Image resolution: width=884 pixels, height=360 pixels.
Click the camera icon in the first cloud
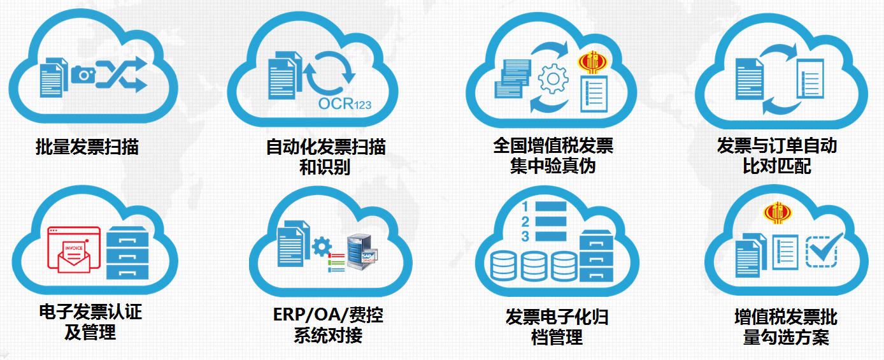coord(83,74)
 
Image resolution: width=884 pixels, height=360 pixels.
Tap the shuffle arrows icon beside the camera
coord(122,75)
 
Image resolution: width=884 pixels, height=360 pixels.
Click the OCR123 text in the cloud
coord(345,104)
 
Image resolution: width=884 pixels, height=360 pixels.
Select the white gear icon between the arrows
coord(553,79)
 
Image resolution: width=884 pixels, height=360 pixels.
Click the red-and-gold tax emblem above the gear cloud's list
coord(592,62)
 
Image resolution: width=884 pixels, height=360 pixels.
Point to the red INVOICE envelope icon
coord(74,250)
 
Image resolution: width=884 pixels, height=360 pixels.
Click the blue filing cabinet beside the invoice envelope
coord(128,252)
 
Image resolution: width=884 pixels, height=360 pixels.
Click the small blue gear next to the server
coord(322,247)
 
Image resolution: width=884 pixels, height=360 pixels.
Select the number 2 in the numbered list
coord(525,222)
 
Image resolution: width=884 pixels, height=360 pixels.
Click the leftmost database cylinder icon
coord(503,266)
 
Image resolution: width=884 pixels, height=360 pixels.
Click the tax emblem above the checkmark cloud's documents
coord(778,213)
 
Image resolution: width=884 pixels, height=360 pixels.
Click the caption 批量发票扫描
coord(87,147)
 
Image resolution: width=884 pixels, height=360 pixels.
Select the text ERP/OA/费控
coord(328,315)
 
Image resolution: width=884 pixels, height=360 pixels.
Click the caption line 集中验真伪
coord(553,166)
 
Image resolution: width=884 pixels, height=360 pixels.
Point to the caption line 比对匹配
coord(776,166)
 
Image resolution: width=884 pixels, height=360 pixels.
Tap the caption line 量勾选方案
coord(786,336)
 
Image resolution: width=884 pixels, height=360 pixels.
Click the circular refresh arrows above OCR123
coord(329,73)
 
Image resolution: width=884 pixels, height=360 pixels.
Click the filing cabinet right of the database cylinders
coord(596,256)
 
